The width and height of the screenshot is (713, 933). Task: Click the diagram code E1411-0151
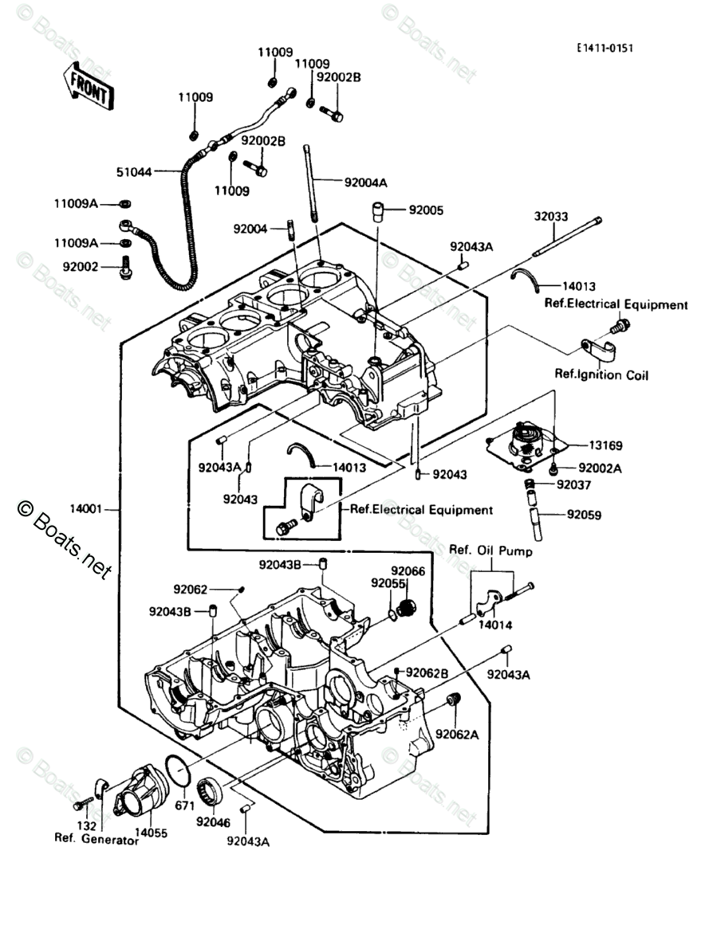pyautogui.click(x=604, y=48)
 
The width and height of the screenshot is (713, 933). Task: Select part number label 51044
pyautogui.click(x=134, y=172)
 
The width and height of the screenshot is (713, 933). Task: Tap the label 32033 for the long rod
pyautogui.click(x=551, y=217)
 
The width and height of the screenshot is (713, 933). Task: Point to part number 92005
pyautogui.click(x=426, y=210)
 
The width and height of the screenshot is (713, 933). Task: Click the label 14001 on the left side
pyautogui.click(x=87, y=509)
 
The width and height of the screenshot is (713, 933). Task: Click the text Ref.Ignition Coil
pyautogui.click(x=601, y=374)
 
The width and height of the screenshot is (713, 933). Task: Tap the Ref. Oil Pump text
pyautogui.click(x=490, y=551)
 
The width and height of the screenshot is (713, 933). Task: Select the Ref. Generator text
pyautogui.click(x=97, y=838)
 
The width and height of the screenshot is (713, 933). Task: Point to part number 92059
pyautogui.click(x=585, y=515)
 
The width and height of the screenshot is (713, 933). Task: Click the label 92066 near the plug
pyautogui.click(x=408, y=571)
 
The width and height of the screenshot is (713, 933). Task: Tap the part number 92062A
pyautogui.click(x=457, y=735)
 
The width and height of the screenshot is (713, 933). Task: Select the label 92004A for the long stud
pyautogui.click(x=366, y=182)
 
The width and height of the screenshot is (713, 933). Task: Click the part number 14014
pyautogui.click(x=495, y=625)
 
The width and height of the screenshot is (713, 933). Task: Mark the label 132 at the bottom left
pyautogui.click(x=87, y=826)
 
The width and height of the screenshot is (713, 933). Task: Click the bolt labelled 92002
pyautogui.click(x=126, y=267)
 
